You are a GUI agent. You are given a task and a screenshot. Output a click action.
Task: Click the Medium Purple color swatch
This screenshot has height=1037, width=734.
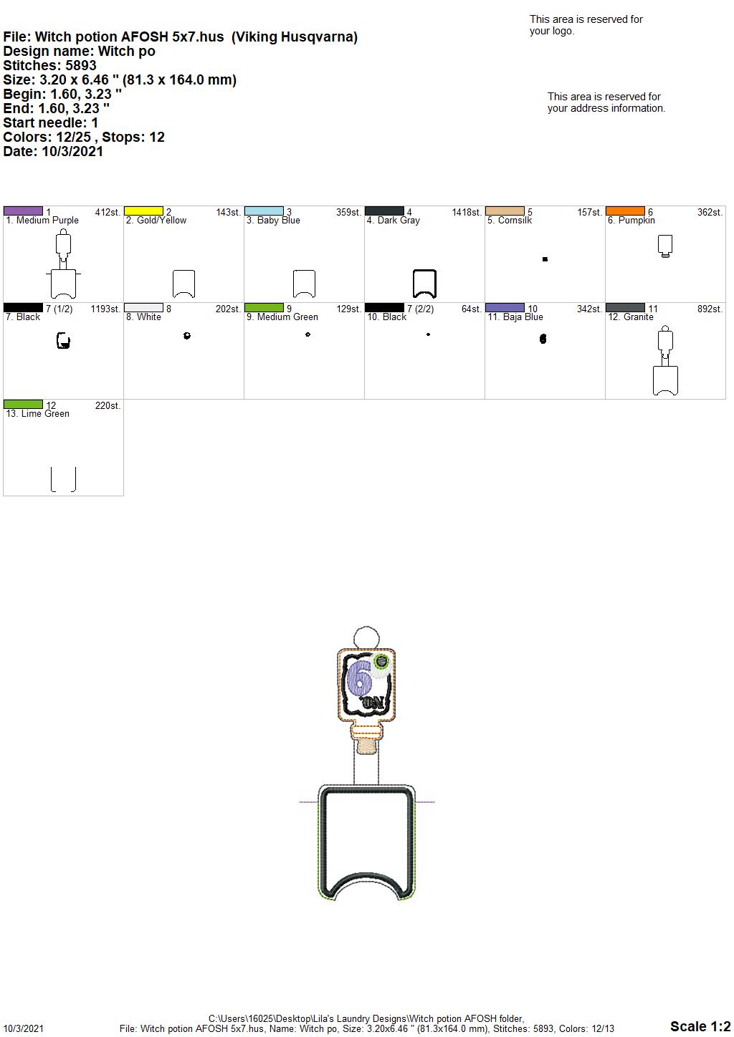click(x=23, y=211)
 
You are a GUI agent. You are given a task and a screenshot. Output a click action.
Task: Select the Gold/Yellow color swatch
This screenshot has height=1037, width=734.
click(x=143, y=211)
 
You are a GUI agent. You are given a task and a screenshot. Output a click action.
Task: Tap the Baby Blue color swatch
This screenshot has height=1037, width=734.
click(x=264, y=211)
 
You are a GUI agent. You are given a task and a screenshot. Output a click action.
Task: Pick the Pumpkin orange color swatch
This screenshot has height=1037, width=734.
click(x=625, y=211)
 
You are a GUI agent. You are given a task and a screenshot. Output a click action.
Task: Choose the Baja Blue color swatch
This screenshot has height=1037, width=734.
click(x=505, y=307)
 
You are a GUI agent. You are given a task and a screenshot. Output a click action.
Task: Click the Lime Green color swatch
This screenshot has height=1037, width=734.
click(x=23, y=404)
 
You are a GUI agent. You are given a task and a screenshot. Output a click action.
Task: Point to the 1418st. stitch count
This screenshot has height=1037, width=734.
click(x=467, y=212)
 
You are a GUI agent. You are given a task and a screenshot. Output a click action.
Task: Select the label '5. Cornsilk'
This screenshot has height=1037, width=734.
click(x=509, y=221)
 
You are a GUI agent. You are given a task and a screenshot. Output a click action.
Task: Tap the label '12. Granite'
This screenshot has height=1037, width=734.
click(x=630, y=317)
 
